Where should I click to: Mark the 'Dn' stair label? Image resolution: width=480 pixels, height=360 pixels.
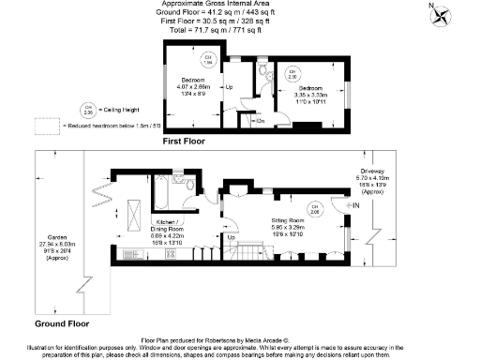tap(259, 120)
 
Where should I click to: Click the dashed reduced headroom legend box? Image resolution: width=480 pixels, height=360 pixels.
tap(46, 124)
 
